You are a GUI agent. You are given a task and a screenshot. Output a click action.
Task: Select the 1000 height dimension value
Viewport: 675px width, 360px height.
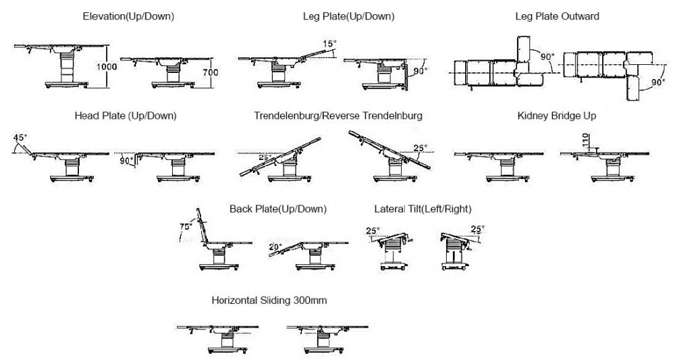pyautogui.click(x=109, y=67)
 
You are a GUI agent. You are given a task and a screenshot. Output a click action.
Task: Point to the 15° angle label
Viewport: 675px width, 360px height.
pyautogui.click(x=329, y=45)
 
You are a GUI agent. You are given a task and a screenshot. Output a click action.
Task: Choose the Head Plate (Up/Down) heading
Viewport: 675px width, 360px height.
pyautogui.click(x=126, y=115)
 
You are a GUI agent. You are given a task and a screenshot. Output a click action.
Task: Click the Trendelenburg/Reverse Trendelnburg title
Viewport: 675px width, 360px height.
pyautogui.click(x=338, y=115)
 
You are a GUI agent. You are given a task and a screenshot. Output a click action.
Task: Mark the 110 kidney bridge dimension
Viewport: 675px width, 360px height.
pyautogui.click(x=586, y=140)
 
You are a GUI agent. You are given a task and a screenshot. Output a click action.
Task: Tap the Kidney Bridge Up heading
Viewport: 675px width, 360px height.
pyautogui.click(x=557, y=115)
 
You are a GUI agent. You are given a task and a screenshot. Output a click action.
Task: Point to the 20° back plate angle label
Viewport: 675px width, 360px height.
pyautogui.click(x=275, y=247)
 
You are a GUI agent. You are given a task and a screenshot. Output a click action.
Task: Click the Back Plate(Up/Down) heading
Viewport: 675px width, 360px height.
pyautogui.click(x=278, y=209)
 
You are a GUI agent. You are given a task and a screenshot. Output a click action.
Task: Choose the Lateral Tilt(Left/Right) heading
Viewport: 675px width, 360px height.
pyautogui.click(x=423, y=209)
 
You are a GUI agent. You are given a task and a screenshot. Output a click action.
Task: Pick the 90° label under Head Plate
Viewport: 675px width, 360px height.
pyautogui.click(x=126, y=161)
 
